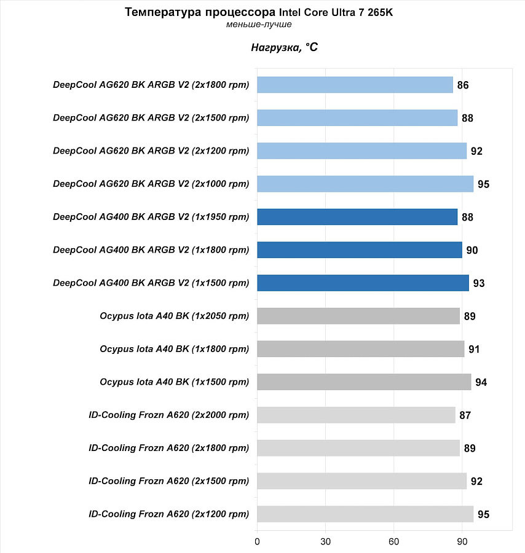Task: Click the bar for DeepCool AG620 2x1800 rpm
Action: pos(355,85)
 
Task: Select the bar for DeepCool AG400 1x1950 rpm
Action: pos(357,217)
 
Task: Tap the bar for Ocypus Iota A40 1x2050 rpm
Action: pos(358,316)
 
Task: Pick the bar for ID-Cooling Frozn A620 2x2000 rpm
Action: pos(357,415)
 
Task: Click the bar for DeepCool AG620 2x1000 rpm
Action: pos(365,184)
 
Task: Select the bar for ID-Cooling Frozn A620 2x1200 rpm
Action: pos(365,514)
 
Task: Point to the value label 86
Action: pos(463,85)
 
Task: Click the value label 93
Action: pos(479,283)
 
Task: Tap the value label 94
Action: pos(481,382)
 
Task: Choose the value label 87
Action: pos(465,415)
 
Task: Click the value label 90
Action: pos(472,250)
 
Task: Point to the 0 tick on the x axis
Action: pos(257,542)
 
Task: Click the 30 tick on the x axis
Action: pos(325,542)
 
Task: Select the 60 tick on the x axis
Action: pos(393,542)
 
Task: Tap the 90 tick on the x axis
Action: pos(462,542)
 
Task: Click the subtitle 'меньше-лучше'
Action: pos(259,25)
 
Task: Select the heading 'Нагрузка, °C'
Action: pos(285,47)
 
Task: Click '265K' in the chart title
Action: pos(380,12)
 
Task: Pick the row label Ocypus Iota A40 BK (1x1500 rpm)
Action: pos(175,382)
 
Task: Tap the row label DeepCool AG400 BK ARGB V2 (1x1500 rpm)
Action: pos(151,283)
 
